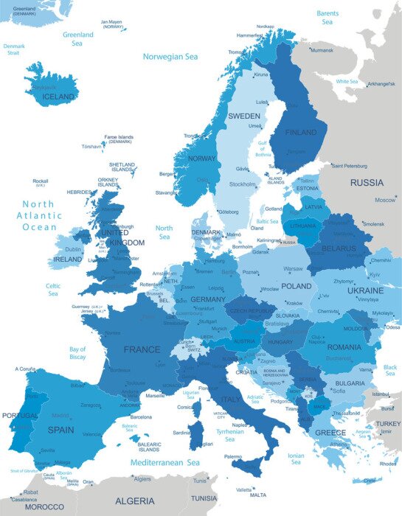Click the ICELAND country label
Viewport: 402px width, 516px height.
[58, 97]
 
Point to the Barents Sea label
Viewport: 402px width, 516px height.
[328, 17]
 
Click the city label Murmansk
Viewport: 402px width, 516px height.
[322, 50]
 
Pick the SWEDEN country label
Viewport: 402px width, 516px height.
[243, 116]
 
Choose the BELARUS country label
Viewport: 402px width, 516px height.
[339, 248]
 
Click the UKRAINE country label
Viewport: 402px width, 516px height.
[365, 291]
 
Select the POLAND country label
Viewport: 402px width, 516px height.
[296, 285]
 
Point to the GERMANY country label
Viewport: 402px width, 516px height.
[208, 299]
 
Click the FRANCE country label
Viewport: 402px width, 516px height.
[142, 349]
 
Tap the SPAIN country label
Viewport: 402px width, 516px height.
[60, 429]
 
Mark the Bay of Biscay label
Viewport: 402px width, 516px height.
[77, 353]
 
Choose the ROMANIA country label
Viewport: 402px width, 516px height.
[344, 346]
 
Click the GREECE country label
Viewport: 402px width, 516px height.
[330, 432]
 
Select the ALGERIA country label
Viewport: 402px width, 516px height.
[135, 501]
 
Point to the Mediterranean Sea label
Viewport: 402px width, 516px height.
[165, 462]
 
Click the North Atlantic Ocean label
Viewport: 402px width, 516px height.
[39, 215]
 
